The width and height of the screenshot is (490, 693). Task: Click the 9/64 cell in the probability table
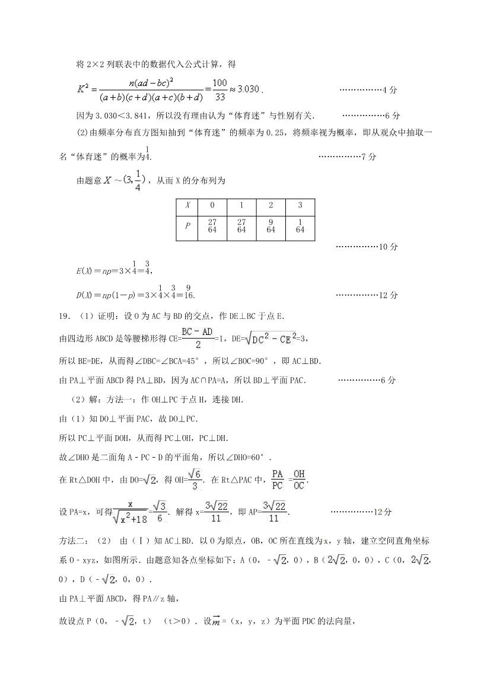(271, 226)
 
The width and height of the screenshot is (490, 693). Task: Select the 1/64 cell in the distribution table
(300, 226)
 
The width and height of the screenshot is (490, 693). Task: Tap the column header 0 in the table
(212, 205)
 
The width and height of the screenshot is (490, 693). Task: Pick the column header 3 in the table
(300, 205)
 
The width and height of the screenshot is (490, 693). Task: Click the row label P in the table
(188, 226)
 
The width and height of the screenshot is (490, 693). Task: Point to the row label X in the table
(188, 205)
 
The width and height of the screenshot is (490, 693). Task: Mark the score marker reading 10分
(388, 247)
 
